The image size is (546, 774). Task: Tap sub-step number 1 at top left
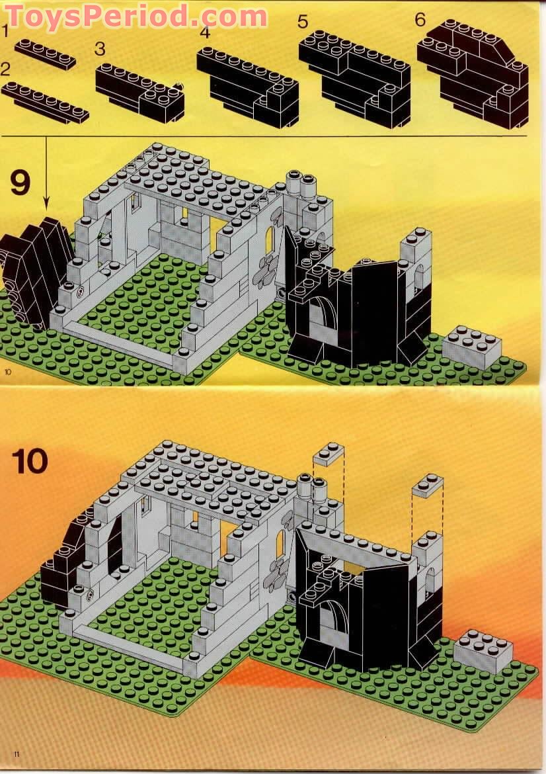pyautogui.click(x=5, y=30)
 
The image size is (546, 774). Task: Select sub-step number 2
pyautogui.click(x=6, y=69)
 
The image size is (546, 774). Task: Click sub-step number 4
pyautogui.click(x=205, y=33)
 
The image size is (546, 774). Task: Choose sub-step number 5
pyautogui.click(x=303, y=21)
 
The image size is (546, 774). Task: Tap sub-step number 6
pyautogui.click(x=420, y=19)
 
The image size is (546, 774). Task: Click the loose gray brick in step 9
pyautogui.click(x=471, y=347)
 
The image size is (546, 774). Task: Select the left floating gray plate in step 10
pyautogui.click(x=329, y=454)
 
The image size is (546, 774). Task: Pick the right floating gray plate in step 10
pyautogui.click(x=427, y=486)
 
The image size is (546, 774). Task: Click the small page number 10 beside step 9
pyautogui.click(x=8, y=372)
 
